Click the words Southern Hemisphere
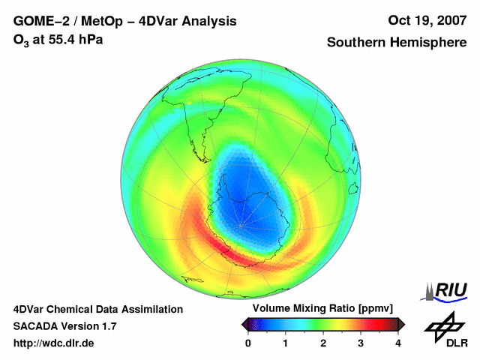pyautogui.click(x=397, y=43)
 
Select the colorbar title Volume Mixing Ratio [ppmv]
pyautogui.click(x=322, y=308)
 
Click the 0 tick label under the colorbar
pyautogui.click(x=248, y=343)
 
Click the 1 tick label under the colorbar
pyautogui.click(x=286, y=343)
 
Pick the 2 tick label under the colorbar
pyautogui.click(x=323, y=343)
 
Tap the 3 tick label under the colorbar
pyautogui.click(x=361, y=343)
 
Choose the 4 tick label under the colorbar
pyautogui.click(x=398, y=343)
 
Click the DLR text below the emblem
pyautogui.click(x=457, y=343)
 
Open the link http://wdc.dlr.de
pyautogui.click(x=54, y=343)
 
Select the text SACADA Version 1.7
pyautogui.click(x=64, y=326)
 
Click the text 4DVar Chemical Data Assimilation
pyautogui.click(x=98, y=309)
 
